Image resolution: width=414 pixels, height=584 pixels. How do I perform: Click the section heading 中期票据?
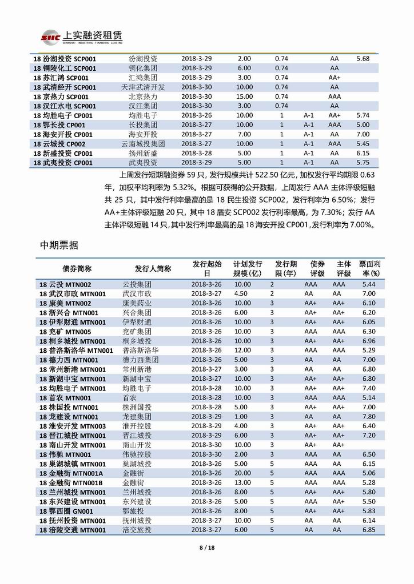(x=59, y=245)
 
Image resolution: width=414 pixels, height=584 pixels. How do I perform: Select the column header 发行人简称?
(x=153, y=269)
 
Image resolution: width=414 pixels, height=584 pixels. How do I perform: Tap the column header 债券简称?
(x=77, y=269)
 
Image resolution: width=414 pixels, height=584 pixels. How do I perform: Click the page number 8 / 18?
(x=206, y=548)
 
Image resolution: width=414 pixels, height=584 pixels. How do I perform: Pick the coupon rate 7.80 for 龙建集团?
(x=369, y=416)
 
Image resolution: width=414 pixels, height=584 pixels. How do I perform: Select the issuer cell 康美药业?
(x=138, y=303)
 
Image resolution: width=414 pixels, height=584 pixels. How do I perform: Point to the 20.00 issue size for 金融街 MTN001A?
(x=243, y=473)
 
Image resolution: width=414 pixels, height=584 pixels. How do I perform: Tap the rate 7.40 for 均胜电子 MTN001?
(x=369, y=388)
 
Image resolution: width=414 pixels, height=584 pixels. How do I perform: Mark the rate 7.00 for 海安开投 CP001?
(x=363, y=134)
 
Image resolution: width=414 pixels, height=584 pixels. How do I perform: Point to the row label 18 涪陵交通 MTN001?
(x=73, y=529)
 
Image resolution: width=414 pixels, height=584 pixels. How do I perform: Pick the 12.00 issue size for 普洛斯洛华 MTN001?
(x=243, y=350)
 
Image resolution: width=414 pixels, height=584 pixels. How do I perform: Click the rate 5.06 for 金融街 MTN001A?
(x=369, y=473)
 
